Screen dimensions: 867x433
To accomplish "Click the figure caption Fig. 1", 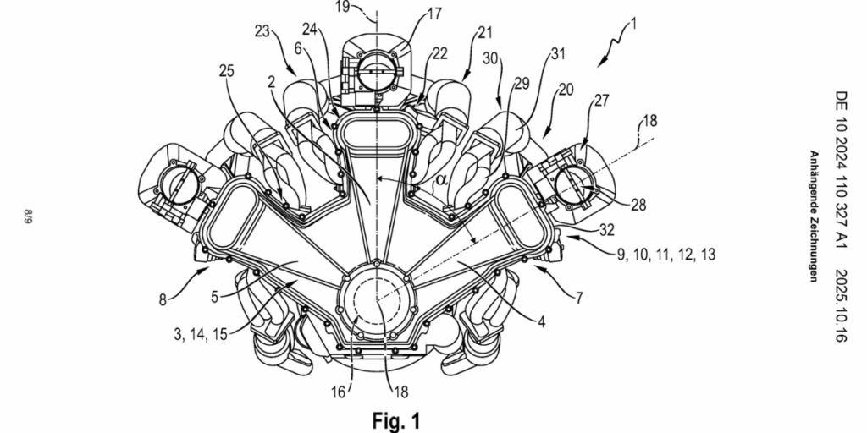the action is (396, 421).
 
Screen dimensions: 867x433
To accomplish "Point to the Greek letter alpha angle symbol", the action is (440, 179).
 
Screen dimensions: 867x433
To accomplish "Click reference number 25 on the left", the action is (226, 71).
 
